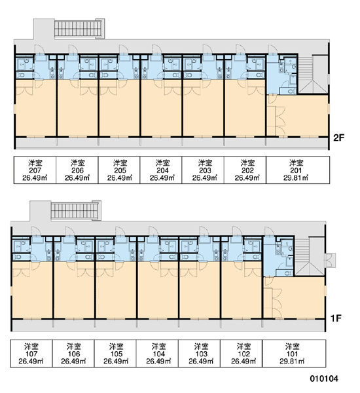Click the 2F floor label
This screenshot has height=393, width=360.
click(x=338, y=138)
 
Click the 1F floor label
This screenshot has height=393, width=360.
click(x=336, y=318)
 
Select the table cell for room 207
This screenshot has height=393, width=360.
click(x=35, y=170)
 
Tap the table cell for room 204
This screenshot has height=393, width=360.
click(x=161, y=170)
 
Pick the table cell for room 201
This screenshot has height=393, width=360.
click(x=298, y=170)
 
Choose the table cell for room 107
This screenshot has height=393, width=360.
click(x=31, y=354)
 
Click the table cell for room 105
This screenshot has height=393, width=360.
click(x=115, y=354)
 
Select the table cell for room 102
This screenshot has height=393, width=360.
click(x=242, y=354)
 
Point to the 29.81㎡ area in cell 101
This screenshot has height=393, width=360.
click(x=292, y=362)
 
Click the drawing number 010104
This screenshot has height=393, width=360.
click(x=324, y=379)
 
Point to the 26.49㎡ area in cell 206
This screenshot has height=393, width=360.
click(x=77, y=178)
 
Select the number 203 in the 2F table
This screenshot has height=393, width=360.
click(x=205, y=170)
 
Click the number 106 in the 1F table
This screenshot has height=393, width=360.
click(x=74, y=354)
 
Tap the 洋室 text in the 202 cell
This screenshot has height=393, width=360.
click(x=247, y=163)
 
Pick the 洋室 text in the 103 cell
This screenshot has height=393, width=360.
click(x=201, y=346)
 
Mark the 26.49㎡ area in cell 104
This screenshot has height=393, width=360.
click(x=158, y=362)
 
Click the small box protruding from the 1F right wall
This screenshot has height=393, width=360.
click(x=331, y=261)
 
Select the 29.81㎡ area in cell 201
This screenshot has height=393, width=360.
click(x=296, y=178)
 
